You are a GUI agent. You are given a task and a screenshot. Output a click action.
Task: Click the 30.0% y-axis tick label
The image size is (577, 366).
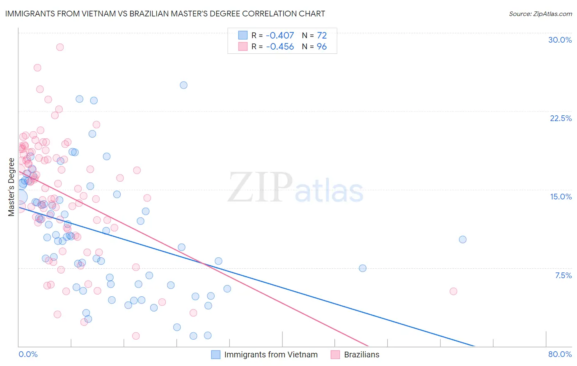point(560,40)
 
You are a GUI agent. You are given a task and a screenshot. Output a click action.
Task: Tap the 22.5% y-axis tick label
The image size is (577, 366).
point(561,118)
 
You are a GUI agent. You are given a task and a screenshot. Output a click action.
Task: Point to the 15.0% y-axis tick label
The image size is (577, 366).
point(561,197)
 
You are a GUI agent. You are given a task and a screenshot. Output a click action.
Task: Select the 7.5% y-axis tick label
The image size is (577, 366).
point(563,275)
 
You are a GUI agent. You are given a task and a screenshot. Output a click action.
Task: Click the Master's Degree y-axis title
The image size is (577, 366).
point(11,187)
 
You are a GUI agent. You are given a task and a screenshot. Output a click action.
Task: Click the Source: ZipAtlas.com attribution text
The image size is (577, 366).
point(540,14)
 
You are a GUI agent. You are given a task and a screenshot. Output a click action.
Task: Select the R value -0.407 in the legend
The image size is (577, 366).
point(280,36)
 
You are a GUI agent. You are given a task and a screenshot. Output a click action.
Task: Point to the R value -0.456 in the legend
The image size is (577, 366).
point(280,47)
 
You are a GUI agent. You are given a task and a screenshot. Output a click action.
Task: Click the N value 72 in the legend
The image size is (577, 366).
point(322,36)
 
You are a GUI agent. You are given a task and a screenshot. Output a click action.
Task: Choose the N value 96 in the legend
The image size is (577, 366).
point(322,47)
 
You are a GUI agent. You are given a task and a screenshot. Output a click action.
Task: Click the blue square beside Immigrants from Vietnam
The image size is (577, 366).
point(216,355)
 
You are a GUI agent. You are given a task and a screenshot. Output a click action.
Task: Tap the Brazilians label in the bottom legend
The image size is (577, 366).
point(362,355)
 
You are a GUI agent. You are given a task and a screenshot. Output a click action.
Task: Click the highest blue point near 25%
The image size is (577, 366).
point(183,85)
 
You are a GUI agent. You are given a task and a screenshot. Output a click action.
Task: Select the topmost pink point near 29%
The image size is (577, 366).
point(60,47)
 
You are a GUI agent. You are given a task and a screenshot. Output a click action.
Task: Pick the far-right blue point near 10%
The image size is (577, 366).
point(463,240)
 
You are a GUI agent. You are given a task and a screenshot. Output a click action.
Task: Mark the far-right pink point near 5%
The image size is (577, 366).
point(453,291)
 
